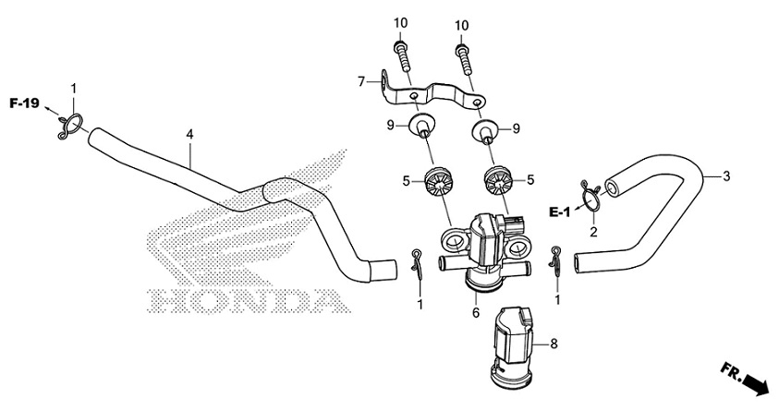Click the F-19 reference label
[x=24, y=103]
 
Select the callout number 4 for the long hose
[x=189, y=135]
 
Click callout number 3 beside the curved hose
[x=726, y=175]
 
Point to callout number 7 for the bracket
[x=362, y=82]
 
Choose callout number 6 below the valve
[x=476, y=313]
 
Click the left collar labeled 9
[x=423, y=126]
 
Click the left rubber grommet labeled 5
[x=442, y=182]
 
